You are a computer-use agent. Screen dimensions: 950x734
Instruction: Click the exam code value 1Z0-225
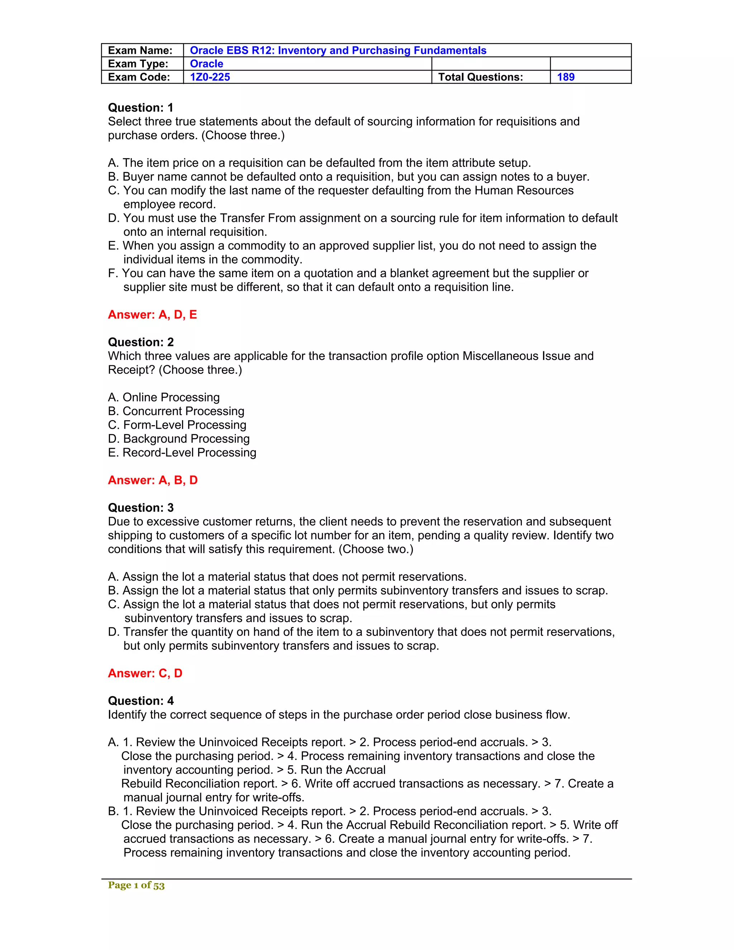pyautogui.click(x=210, y=77)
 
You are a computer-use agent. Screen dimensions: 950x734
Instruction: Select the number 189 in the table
pyautogui.click(x=565, y=77)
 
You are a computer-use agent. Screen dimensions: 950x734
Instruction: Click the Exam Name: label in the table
pyautogui.click(x=140, y=51)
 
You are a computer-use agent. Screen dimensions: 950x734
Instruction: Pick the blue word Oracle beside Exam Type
pyautogui.click(x=206, y=64)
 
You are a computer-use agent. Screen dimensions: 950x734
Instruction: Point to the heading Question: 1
pyautogui.click(x=140, y=108)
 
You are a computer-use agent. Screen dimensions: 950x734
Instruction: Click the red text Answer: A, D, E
pyautogui.click(x=152, y=314)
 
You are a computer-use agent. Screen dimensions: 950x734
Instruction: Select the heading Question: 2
pyautogui.click(x=140, y=342)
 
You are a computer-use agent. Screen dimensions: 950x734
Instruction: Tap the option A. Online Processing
pyautogui.click(x=163, y=397)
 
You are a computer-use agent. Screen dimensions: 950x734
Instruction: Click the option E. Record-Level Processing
pyautogui.click(x=182, y=452)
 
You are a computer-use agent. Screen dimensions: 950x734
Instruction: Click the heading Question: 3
pyautogui.click(x=140, y=508)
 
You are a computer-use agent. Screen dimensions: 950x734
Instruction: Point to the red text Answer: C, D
pyautogui.click(x=145, y=673)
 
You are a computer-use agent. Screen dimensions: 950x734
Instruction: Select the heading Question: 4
pyautogui.click(x=140, y=701)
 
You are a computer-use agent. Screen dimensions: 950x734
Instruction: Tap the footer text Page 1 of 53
pyautogui.click(x=136, y=885)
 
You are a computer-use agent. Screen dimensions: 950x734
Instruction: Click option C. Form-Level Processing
pyautogui.click(x=177, y=424)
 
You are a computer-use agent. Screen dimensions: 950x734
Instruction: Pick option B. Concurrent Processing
pyautogui.click(x=176, y=411)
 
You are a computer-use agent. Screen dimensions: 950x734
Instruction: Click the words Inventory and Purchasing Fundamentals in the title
pyautogui.click(x=382, y=51)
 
